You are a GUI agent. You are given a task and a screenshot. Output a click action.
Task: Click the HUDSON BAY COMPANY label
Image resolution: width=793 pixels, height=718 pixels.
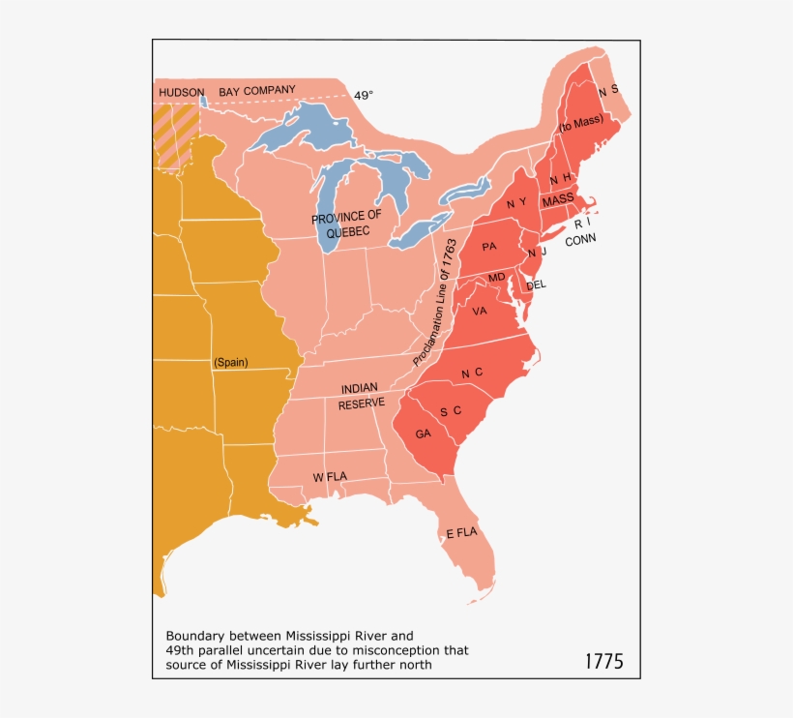click(x=227, y=91)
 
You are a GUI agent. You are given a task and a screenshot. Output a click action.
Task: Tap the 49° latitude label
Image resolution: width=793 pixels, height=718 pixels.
click(x=363, y=96)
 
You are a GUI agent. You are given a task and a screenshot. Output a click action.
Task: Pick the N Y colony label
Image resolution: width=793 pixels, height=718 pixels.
click(x=515, y=204)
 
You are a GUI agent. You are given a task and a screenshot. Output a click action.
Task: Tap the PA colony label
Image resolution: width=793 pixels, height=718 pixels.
click(x=488, y=247)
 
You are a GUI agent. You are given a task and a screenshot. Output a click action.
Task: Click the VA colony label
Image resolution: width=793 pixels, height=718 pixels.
click(x=480, y=312)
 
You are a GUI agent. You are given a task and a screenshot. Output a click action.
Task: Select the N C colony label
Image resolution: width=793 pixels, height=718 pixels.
click(x=472, y=374)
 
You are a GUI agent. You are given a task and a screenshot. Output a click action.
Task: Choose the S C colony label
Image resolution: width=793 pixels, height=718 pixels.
click(x=451, y=411)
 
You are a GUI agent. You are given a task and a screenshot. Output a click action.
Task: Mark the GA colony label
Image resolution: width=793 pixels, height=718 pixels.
click(x=424, y=434)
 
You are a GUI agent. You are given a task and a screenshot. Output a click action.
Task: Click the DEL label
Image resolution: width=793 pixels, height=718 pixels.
click(x=536, y=284)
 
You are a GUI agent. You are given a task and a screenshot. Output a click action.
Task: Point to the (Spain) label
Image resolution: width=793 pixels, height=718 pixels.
click(x=230, y=363)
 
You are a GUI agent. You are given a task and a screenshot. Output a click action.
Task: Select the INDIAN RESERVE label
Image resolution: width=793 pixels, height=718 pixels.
click(x=361, y=396)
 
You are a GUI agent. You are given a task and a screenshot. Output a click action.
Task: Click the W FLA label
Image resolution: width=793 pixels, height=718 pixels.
click(x=330, y=477)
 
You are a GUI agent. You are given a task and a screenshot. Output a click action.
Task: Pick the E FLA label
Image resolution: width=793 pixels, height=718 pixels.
click(x=461, y=533)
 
